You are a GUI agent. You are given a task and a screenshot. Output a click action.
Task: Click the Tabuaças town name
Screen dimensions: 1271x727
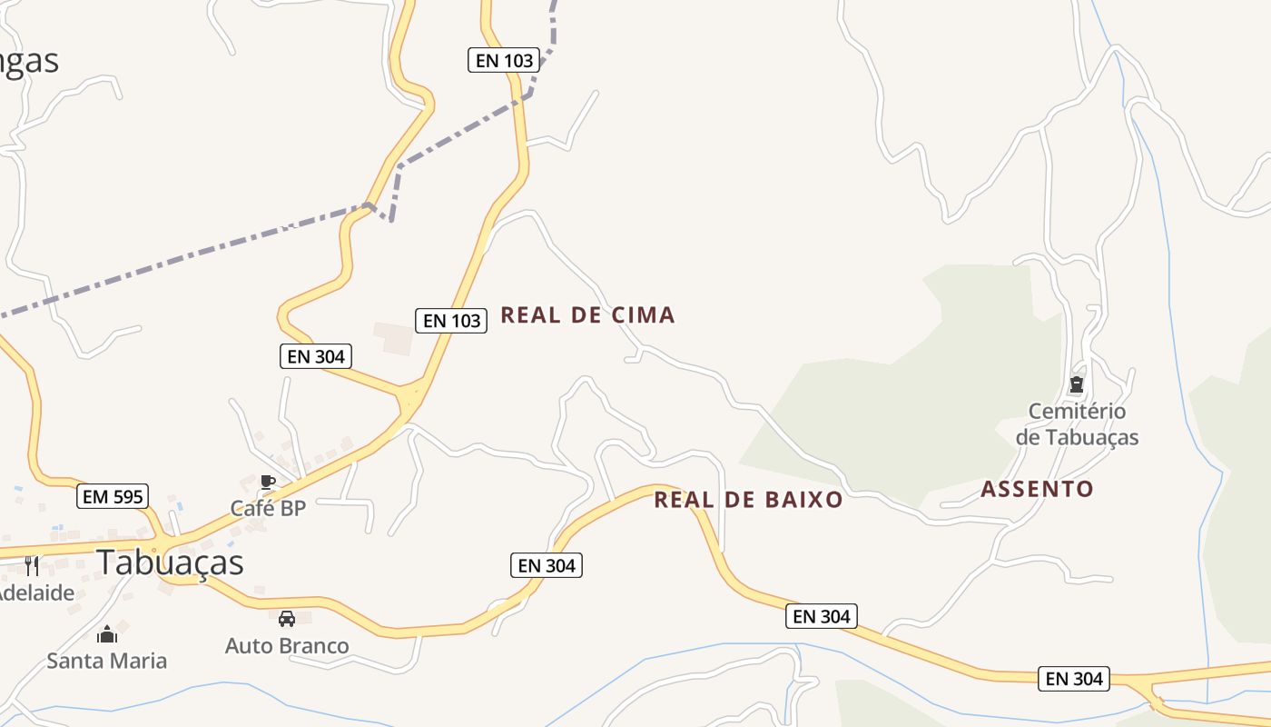pyautogui.click(x=170, y=563)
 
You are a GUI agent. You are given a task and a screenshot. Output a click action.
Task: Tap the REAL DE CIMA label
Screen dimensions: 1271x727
pyautogui.click(x=587, y=315)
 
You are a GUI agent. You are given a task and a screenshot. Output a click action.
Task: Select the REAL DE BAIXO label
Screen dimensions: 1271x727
pyautogui.click(x=748, y=500)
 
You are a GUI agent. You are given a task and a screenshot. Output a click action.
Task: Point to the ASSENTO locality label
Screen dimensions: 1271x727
pyautogui.click(x=1037, y=489)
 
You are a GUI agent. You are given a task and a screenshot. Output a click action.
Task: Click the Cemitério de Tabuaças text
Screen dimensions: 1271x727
pyautogui.click(x=1077, y=424)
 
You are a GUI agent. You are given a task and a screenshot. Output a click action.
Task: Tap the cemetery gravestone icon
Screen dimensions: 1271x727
pyautogui.click(x=1077, y=384)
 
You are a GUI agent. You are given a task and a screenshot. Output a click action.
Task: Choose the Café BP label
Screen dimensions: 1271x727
pyautogui.click(x=268, y=508)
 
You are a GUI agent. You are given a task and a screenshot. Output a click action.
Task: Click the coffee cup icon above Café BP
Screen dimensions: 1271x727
pyautogui.click(x=267, y=482)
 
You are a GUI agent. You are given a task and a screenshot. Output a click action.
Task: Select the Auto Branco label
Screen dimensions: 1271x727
pyautogui.click(x=287, y=646)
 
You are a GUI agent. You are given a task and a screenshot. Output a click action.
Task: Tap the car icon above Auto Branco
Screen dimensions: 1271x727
pyautogui.click(x=287, y=619)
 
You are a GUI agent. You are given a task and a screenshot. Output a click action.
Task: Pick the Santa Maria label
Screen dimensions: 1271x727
pyautogui.click(x=107, y=661)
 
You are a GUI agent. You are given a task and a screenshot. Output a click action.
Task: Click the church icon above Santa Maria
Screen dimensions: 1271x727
pyautogui.click(x=107, y=633)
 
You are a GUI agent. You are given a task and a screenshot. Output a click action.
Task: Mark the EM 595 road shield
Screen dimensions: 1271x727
pyautogui.click(x=113, y=496)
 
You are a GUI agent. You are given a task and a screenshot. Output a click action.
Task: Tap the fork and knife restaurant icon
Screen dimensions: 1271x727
pyautogui.click(x=32, y=565)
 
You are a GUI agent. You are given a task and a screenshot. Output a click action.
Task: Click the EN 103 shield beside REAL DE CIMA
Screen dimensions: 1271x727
pyautogui.click(x=451, y=320)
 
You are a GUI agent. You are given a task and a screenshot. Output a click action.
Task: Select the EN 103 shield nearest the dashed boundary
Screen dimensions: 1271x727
pyautogui.click(x=504, y=61)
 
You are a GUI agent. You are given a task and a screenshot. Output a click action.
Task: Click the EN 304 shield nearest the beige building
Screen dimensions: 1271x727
pyautogui.click(x=316, y=356)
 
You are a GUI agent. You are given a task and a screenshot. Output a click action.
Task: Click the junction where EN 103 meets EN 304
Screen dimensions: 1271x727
pyautogui.click(x=411, y=397)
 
